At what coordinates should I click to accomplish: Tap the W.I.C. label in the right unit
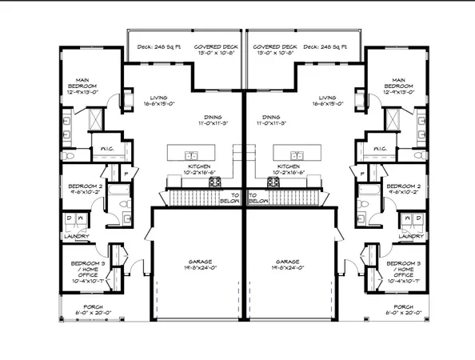380,148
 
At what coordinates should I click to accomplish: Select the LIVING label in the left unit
147,98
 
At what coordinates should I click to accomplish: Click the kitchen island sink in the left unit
192,154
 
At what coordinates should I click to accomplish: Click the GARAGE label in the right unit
286,262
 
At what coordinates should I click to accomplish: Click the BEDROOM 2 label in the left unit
83,186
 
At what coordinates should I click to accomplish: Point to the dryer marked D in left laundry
70,217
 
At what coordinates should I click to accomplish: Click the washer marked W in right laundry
407,217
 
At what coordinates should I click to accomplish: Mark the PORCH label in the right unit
403,306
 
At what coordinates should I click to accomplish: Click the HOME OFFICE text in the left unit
83,273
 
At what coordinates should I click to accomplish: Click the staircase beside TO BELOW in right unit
288,196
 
